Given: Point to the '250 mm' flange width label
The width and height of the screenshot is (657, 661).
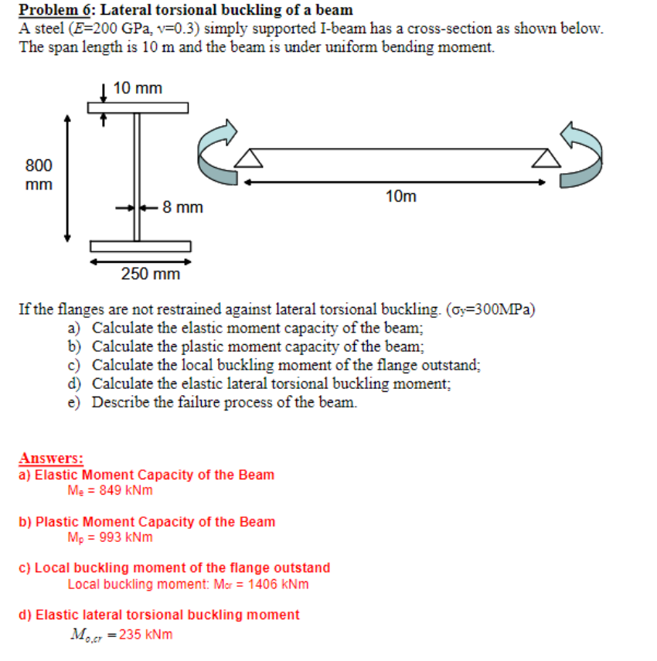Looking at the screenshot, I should point(151,274).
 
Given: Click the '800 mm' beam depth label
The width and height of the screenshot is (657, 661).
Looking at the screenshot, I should point(39,175).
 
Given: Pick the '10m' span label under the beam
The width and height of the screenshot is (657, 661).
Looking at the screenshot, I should point(400,196).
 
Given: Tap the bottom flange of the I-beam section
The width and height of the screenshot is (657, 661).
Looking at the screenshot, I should point(140,247).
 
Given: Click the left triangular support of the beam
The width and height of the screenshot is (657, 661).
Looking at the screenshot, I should point(248,158).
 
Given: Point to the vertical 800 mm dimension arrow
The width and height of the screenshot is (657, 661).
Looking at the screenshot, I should point(68,178).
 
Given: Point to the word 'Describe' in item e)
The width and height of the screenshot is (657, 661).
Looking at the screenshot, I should point(121,402).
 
